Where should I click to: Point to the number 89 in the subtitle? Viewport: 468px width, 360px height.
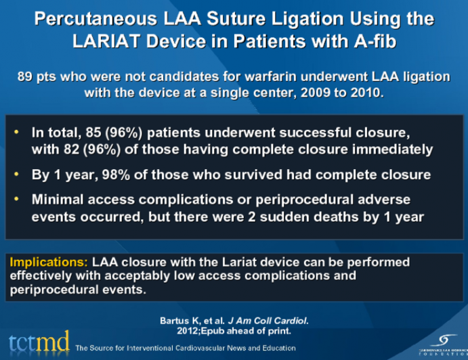[x=25, y=77]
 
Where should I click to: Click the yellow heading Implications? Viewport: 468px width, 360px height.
[x=49, y=262]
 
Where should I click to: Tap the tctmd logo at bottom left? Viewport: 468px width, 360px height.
[x=38, y=344]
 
